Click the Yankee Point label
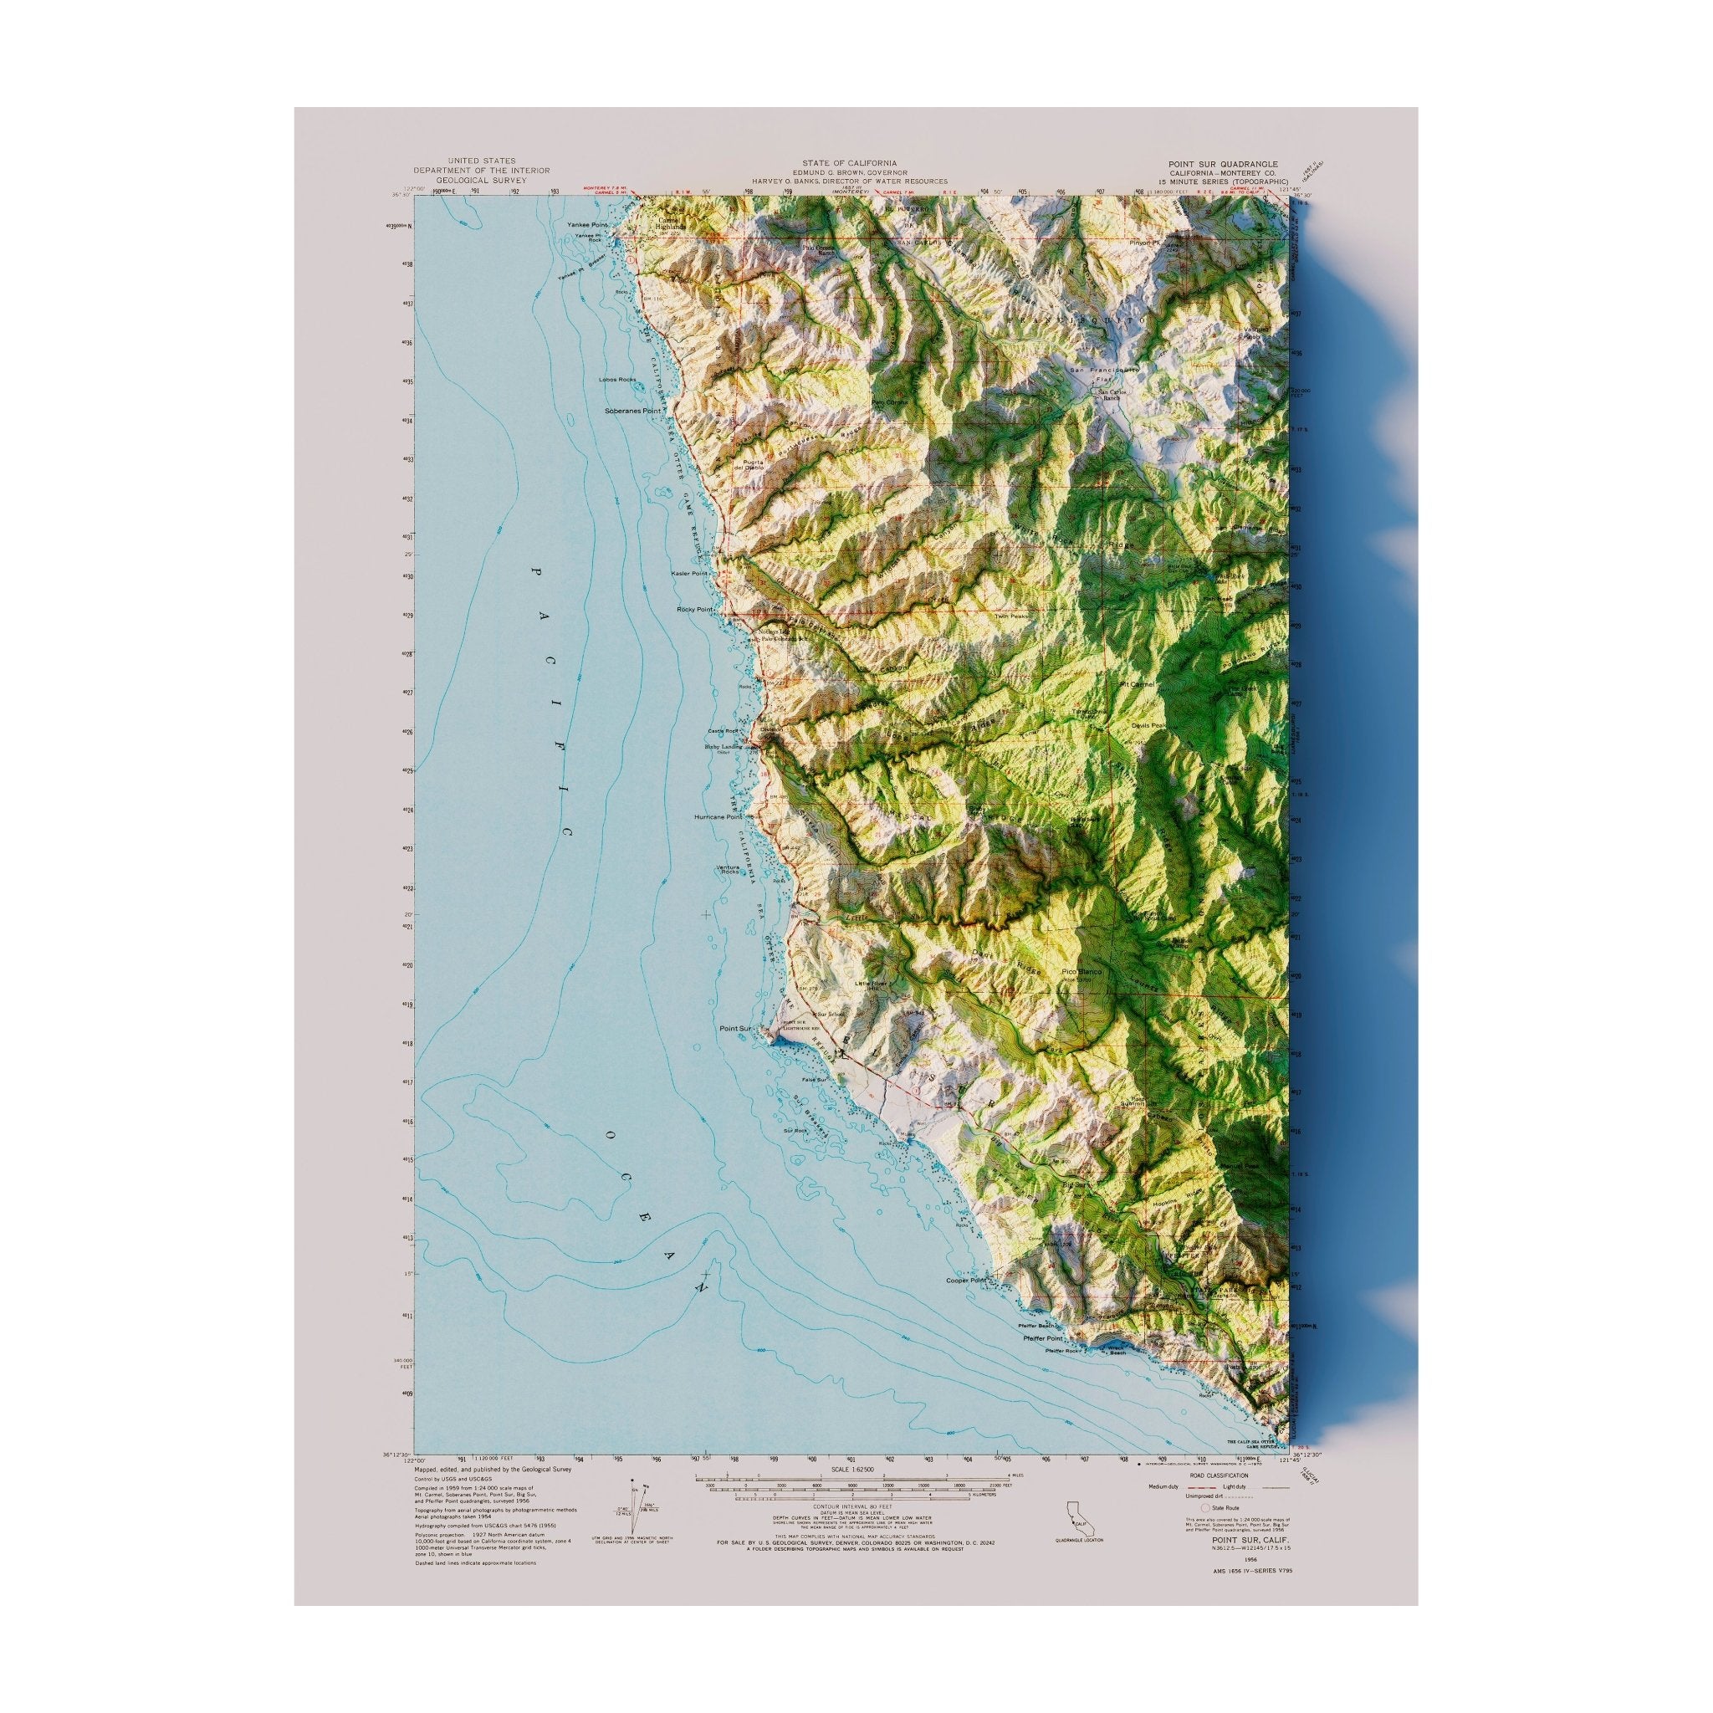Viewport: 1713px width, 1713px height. click(587, 225)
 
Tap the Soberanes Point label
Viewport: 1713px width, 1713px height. click(633, 412)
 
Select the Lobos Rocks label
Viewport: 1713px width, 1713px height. click(618, 380)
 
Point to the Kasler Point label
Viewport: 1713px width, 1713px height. click(690, 574)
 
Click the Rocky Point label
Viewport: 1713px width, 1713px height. click(695, 610)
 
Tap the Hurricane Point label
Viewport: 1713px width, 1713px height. click(718, 817)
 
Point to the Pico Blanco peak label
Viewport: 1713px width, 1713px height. click(1081, 973)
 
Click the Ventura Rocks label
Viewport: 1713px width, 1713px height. click(728, 869)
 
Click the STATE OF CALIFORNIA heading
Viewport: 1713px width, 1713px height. click(848, 163)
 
